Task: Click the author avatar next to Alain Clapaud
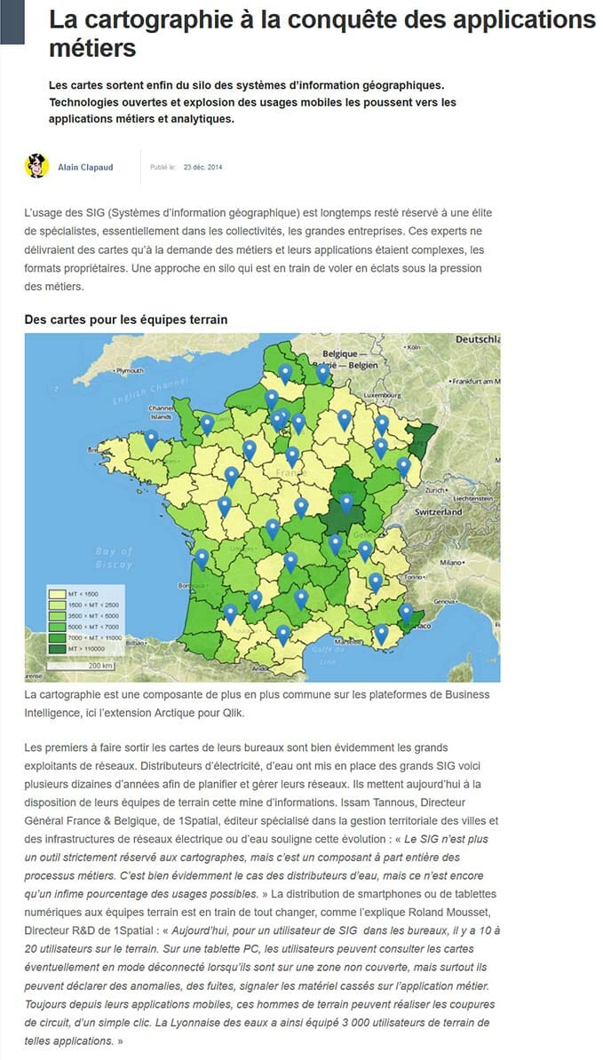pyautogui.click(x=36, y=166)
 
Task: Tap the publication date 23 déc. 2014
pyautogui.click(x=202, y=167)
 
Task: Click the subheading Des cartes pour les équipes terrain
pyautogui.click(x=126, y=319)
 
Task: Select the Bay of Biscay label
pyautogui.click(x=114, y=558)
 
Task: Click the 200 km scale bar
pyautogui.click(x=100, y=665)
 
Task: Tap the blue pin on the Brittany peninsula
pyautogui.click(x=152, y=438)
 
